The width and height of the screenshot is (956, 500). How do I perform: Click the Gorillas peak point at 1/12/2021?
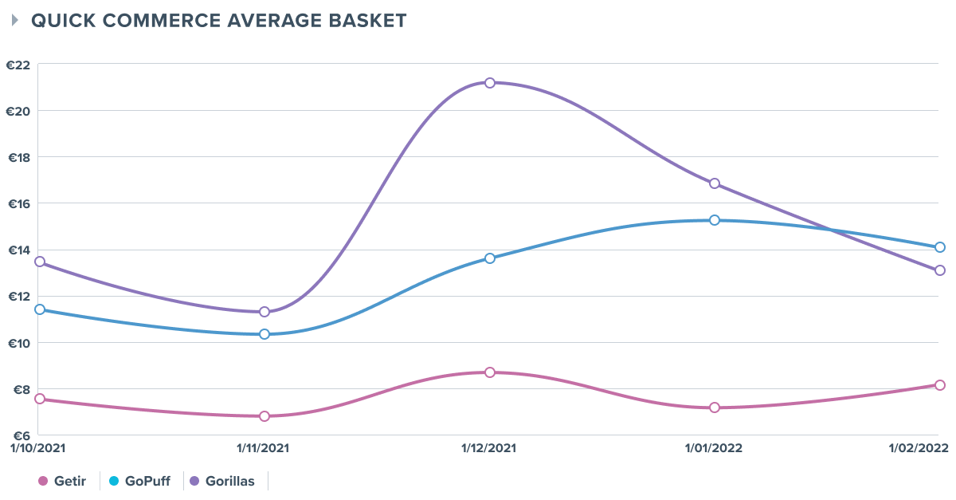click(490, 83)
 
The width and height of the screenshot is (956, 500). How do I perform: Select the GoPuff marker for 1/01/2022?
click(715, 220)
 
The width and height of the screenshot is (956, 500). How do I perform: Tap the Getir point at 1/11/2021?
click(264, 416)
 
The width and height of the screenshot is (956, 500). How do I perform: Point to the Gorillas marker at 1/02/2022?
click(940, 270)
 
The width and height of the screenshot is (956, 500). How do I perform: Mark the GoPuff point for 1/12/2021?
click(490, 258)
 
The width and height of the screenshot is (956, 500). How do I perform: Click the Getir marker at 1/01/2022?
click(715, 407)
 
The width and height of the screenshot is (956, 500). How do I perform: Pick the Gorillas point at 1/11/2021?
click(264, 312)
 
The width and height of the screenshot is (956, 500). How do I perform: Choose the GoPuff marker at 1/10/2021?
click(40, 309)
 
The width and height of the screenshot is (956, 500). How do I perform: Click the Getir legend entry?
click(65, 482)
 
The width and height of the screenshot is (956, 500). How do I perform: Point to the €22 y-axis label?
click(18, 65)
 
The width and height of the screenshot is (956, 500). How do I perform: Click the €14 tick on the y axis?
click(18, 250)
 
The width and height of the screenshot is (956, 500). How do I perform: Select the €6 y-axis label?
click(18, 435)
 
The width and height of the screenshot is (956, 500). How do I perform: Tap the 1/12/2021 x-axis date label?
click(490, 448)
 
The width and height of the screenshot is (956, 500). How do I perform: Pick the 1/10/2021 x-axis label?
click(33, 448)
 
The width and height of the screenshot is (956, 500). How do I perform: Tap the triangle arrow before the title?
click(15, 21)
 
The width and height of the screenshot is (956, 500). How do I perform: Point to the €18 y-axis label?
click(18, 157)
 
